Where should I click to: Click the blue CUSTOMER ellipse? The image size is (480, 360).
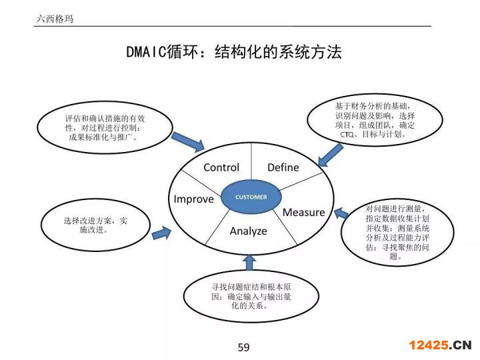point(251,197)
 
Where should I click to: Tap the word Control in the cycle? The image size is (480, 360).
point(221,167)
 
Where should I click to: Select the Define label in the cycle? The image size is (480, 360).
point(283,167)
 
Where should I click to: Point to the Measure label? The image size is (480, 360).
point(304,213)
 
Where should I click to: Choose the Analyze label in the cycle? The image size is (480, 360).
point(249,231)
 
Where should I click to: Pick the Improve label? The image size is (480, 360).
point(193,199)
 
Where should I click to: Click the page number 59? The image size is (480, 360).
point(243,347)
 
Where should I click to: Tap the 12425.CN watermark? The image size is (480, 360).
point(440,345)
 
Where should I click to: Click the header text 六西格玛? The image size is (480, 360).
point(55,19)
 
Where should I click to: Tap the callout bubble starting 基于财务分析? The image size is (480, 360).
point(375,120)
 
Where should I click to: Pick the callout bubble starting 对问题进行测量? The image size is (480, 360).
point(397,232)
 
